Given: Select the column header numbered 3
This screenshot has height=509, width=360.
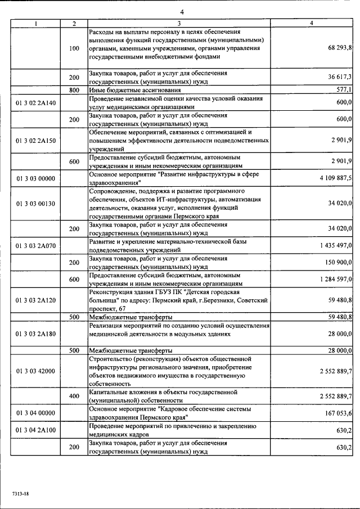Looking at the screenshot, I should (179, 23).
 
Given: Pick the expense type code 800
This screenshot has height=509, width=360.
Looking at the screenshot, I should (74, 90).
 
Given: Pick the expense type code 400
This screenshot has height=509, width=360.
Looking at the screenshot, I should (74, 396).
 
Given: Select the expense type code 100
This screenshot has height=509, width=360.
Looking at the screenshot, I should (74, 48).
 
